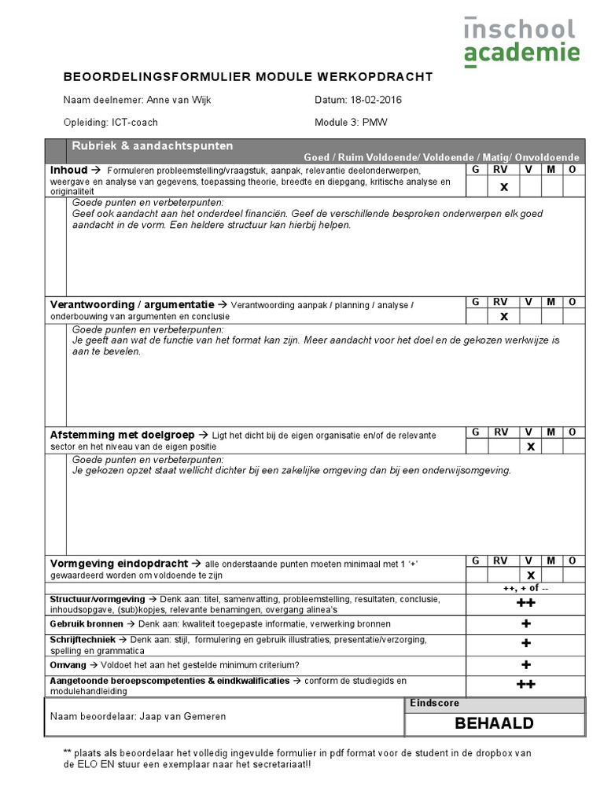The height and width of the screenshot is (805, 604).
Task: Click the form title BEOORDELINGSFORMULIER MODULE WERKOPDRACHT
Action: coord(248,76)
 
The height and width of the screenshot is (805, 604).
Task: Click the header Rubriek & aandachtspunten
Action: coord(152,146)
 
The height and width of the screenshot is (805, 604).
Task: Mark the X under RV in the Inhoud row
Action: coord(504,187)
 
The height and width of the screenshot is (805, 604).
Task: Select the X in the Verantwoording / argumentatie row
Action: coord(504,316)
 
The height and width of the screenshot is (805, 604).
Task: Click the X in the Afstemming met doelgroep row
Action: coord(531,447)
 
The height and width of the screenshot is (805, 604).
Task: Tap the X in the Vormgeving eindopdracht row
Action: coord(531,575)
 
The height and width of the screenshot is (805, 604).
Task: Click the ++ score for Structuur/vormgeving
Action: coord(525,604)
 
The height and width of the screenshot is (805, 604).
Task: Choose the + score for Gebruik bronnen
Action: coord(525,624)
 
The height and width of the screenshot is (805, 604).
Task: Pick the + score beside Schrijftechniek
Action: coord(525,644)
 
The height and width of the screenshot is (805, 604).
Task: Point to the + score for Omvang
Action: coord(525,665)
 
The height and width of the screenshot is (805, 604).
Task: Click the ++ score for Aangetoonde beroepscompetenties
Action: coord(525,685)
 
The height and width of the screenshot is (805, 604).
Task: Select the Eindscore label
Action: coord(434,704)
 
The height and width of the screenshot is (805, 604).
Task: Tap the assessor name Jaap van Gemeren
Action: coord(182,716)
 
